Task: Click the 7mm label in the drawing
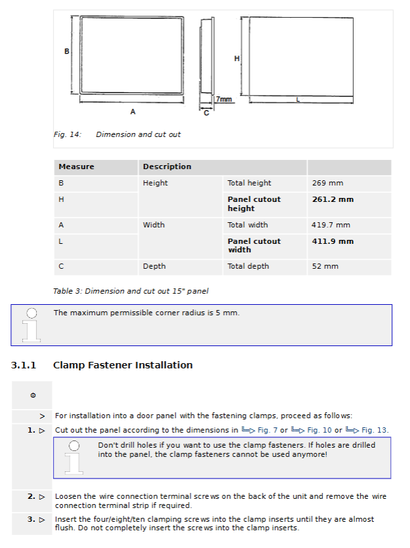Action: [224, 99]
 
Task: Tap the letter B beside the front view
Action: [67, 51]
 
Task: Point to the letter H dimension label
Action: [237, 58]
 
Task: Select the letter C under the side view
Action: [206, 113]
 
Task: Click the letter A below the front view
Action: [133, 111]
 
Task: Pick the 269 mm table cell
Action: [327, 183]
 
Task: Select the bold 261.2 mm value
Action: [333, 199]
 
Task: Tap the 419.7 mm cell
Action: [331, 225]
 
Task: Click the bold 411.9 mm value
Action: [333, 241]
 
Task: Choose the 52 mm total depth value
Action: [325, 266]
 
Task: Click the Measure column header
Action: [77, 166]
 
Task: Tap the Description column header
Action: [167, 166]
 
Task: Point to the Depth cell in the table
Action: [154, 266]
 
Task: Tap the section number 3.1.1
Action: [24, 365]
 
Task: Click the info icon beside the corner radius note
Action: [31, 325]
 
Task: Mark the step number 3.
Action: [31, 520]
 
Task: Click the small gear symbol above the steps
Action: [33, 395]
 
